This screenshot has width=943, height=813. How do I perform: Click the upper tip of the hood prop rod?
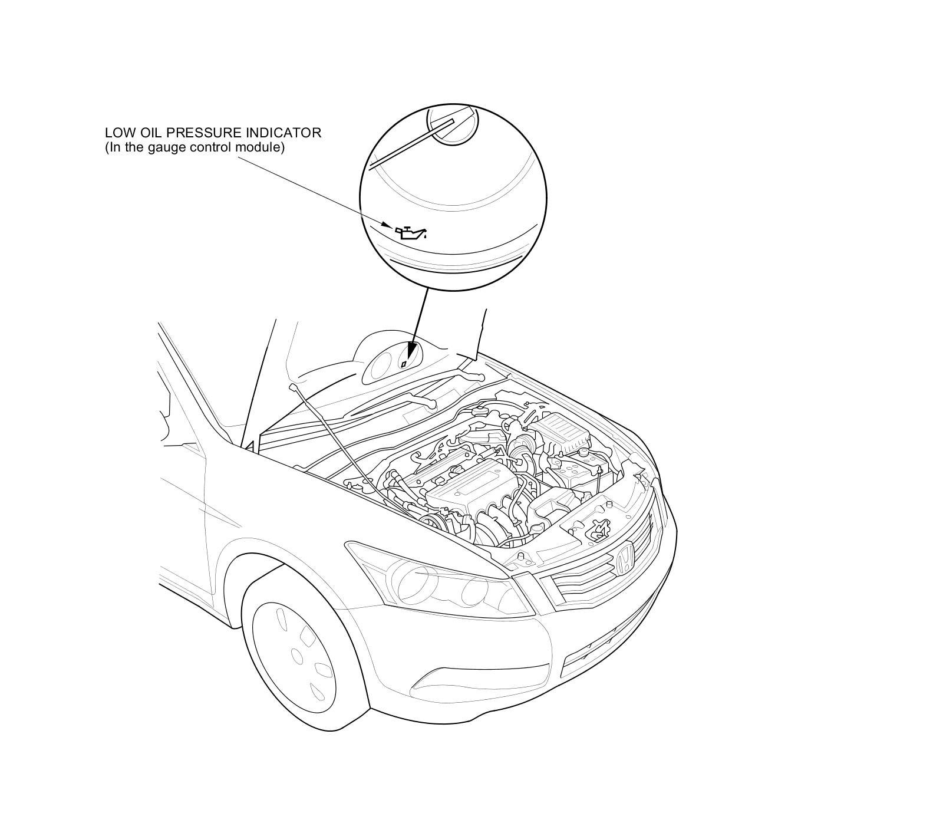pyautogui.click(x=292, y=387)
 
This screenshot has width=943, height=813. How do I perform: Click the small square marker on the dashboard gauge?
pyautogui.click(x=403, y=364)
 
